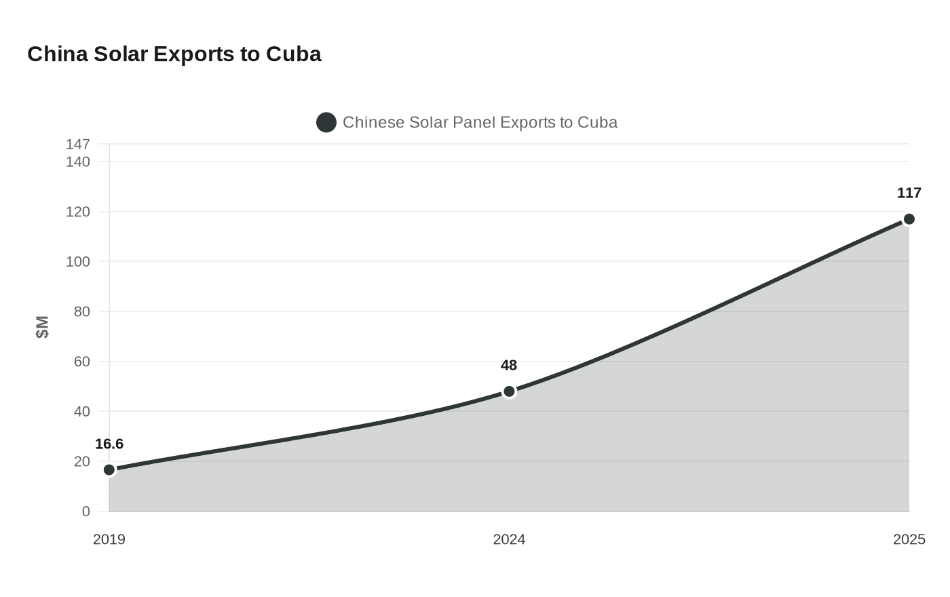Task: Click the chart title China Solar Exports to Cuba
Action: click(174, 54)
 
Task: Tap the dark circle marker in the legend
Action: click(326, 123)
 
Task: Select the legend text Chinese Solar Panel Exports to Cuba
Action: click(480, 123)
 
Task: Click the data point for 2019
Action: click(109, 470)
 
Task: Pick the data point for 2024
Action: click(509, 391)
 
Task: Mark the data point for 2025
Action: click(909, 219)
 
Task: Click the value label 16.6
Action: click(109, 444)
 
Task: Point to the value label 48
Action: click(509, 366)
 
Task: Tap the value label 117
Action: click(909, 193)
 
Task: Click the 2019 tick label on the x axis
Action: click(109, 540)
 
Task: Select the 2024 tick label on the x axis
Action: click(509, 540)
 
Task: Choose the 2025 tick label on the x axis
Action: click(909, 540)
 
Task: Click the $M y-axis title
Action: click(42, 327)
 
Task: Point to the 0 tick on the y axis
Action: click(86, 512)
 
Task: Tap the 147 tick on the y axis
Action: click(78, 145)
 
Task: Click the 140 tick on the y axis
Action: click(78, 162)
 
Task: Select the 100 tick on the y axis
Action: click(78, 262)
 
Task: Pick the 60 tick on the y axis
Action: click(82, 362)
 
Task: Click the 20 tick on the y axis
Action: click(82, 461)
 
